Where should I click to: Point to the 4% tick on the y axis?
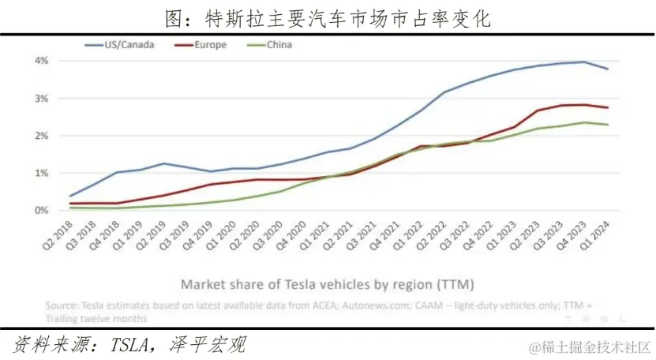(x=41, y=61)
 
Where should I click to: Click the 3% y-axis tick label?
(x=41, y=99)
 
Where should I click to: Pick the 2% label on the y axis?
(x=41, y=136)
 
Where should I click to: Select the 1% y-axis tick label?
(x=41, y=173)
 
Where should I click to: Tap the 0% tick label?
(x=41, y=210)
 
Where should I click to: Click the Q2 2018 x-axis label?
(x=59, y=238)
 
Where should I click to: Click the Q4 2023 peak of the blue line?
(x=584, y=62)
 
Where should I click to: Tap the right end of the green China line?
(x=607, y=125)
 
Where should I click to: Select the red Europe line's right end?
(x=607, y=107)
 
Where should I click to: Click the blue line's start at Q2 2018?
(x=70, y=196)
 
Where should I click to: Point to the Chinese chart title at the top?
(x=328, y=17)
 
